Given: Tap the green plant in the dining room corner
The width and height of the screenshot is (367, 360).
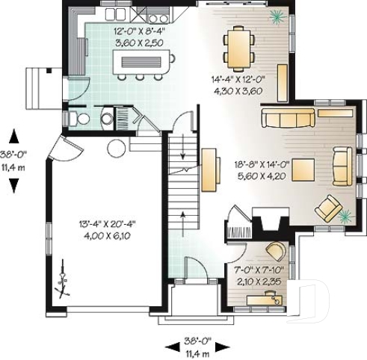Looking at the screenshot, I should click(277, 16).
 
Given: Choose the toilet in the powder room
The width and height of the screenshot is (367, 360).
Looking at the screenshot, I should click(81, 119).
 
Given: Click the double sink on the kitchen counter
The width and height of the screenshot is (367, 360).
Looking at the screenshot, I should click(114, 14).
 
